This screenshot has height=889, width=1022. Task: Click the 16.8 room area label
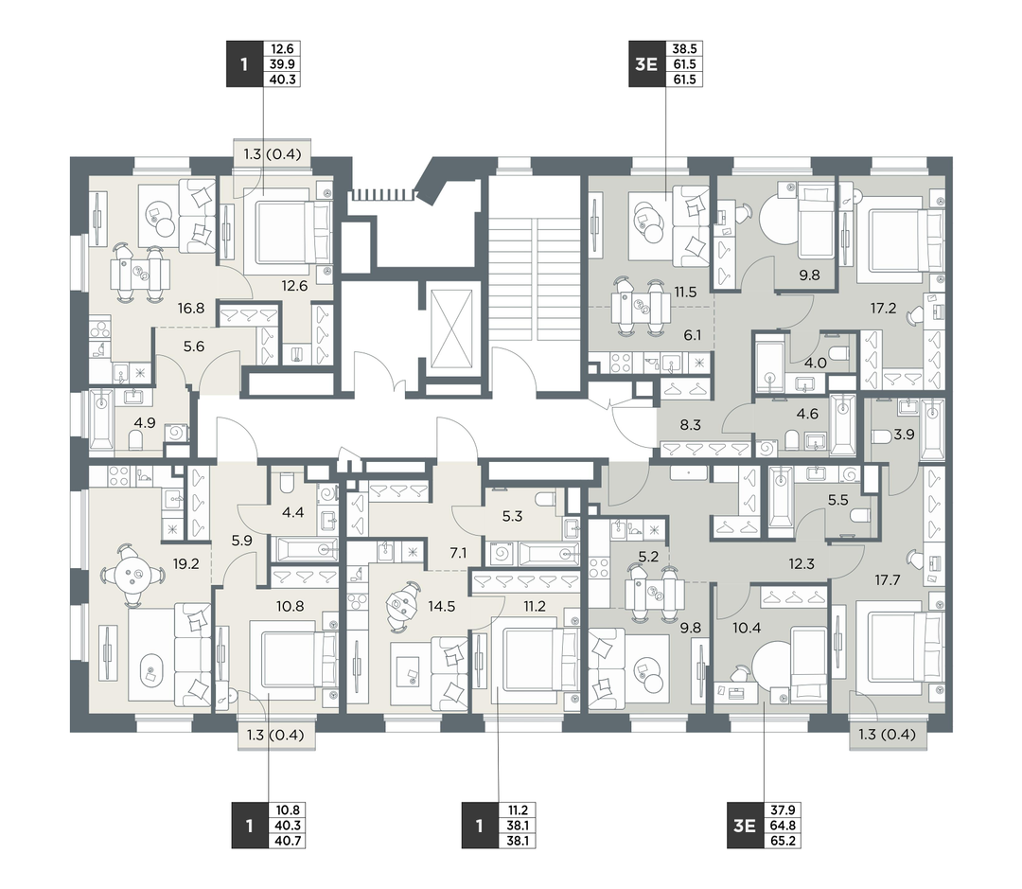[x=191, y=309]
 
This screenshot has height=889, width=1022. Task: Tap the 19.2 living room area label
[x=185, y=564]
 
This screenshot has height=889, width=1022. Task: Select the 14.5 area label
[x=441, y=607]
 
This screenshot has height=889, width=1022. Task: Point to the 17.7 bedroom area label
[x=887, y=579]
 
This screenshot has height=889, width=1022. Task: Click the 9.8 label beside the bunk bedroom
[x=809, y=276]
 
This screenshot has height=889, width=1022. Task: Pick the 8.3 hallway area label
[x=690, y=425]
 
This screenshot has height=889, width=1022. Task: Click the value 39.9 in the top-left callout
[x=282, y=64]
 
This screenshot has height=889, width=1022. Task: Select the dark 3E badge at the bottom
[x=745, y=825]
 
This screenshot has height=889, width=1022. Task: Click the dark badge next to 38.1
[x=479, y=825]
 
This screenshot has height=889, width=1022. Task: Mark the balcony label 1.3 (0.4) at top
[x=273, y=154]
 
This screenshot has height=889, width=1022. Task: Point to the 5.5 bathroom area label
[x=837, y=500]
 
